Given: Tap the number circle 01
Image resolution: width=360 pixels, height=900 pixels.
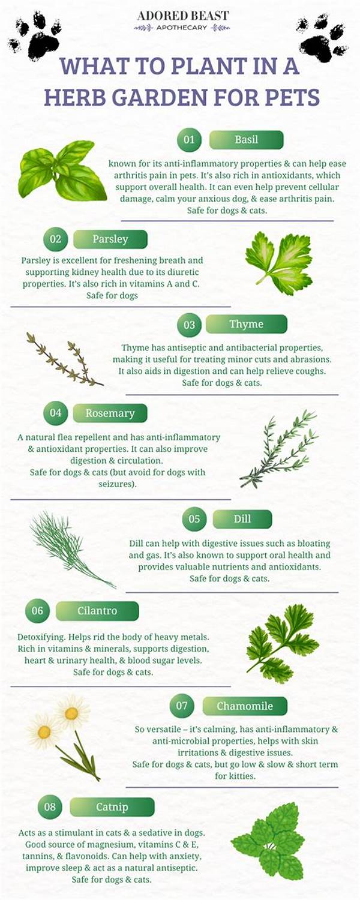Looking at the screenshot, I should [189, 140].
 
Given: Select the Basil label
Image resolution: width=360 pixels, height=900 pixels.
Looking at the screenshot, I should [246, 140].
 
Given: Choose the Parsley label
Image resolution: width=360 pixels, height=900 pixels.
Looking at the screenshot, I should [110, 239].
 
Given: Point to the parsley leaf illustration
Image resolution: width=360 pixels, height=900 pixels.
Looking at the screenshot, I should [279, 263].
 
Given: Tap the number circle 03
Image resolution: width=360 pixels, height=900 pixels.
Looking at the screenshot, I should [189, 325].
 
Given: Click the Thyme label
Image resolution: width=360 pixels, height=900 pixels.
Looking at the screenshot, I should [246, 325].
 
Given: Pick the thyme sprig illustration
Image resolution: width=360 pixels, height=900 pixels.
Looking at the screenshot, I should [63, 359].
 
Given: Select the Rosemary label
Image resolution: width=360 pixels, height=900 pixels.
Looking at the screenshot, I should [110, 413].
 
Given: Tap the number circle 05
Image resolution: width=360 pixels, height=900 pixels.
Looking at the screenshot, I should [194, 519].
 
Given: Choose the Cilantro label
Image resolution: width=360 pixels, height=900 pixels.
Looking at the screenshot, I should [97, 611].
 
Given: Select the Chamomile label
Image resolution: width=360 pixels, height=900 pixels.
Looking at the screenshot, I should [244, 706].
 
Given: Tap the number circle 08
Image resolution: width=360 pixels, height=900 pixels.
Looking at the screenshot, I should [50, 807].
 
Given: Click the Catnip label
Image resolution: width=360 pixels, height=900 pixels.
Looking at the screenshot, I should [112, 807].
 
